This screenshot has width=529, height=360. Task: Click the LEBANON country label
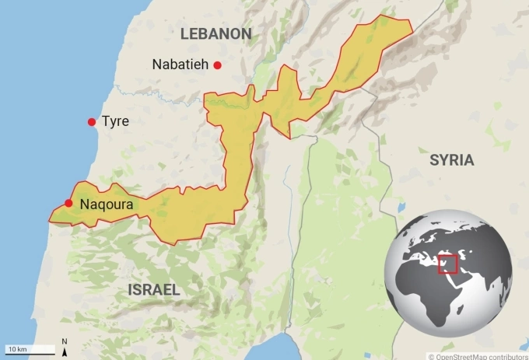point(215,33)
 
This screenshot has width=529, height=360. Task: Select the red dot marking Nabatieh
point(218,65)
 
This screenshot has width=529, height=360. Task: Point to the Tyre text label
point(115,121)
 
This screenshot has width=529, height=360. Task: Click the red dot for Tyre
point(92,122)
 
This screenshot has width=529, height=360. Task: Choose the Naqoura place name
point(106,204)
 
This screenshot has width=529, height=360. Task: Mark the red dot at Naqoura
point(69,203)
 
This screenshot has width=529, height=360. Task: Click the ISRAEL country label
point(153,290)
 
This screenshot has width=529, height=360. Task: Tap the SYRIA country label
point(451,159)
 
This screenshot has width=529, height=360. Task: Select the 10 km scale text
point(16,349)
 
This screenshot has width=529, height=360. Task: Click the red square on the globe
point(447,264)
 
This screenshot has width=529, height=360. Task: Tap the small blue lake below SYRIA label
point(401,208)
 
